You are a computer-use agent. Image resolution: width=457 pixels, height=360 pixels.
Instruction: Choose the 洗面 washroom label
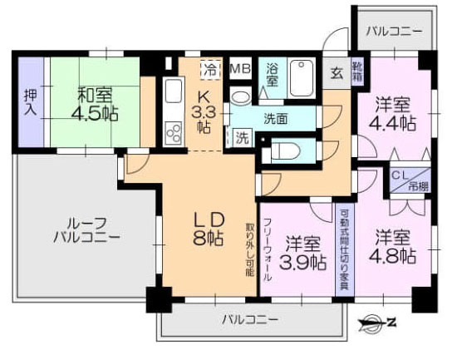pyautogui.click(x=276, y=118)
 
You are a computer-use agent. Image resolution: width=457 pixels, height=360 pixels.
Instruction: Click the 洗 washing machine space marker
pyautogui.click(x=241, y=136)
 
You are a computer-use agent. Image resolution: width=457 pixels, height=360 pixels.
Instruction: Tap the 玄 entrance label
pyautogui.click(x=335, y=72)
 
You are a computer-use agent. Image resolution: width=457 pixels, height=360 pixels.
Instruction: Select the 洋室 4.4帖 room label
pyautogui.click(x=394, y=114)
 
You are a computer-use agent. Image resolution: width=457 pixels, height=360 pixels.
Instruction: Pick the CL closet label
pyautogui.click(x=400, y=177)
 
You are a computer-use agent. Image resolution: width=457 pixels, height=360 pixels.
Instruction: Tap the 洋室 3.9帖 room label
pyautogui.click(x=303, y=254)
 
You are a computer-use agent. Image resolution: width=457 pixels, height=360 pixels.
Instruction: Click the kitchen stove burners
pyautogui.click(x=174, y=131)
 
